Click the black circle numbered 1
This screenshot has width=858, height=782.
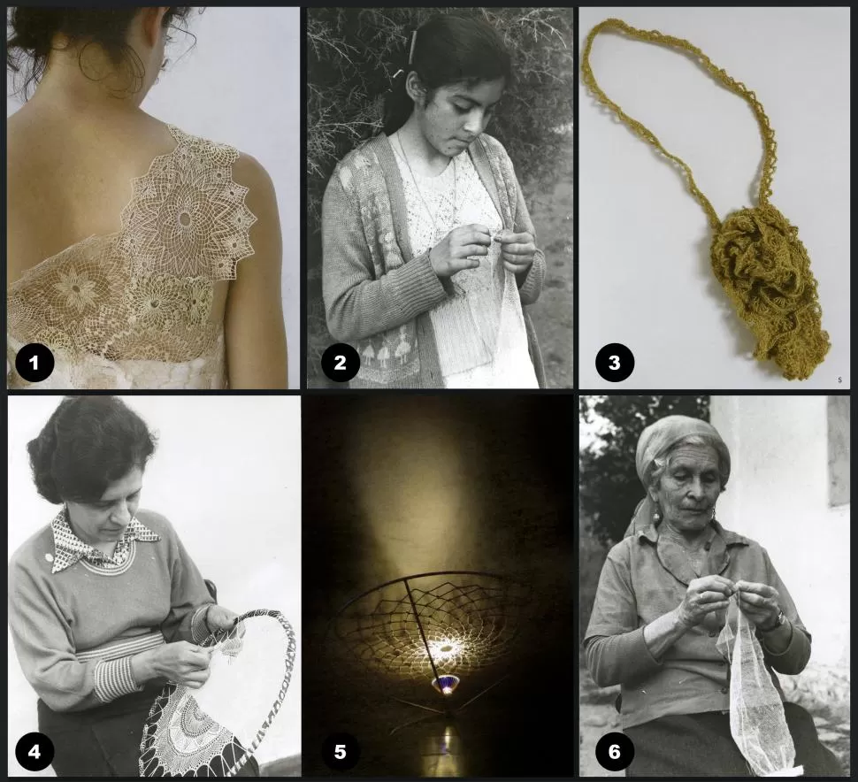pyautogui.click(x=34, y=363)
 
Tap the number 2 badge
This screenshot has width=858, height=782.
pyautogui.click(x=340, y=363)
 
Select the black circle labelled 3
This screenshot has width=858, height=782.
pyautogui.click(x=614, y=363)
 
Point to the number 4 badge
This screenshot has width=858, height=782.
pyautogui.click(x=34, y=751)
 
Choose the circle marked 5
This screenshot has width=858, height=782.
pyautogui.click(x=340, y=751)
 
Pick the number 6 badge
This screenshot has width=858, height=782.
pyautogui.click(x=614, y=751)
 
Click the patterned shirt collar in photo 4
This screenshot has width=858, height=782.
pyautogui.click(x=104, y=541)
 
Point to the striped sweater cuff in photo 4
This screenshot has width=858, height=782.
pyautogui.click(x=114, y=679)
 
